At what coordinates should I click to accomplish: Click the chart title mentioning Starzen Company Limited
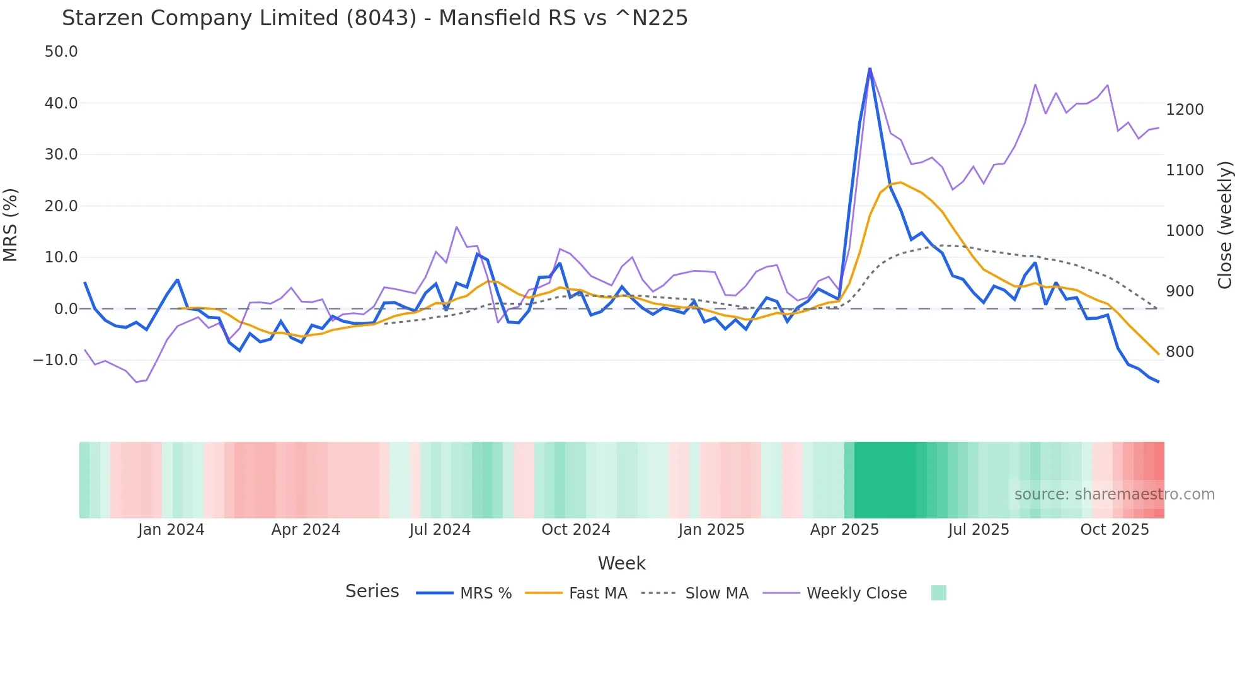(374, 18)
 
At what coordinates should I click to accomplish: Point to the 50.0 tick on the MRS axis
(61, 52)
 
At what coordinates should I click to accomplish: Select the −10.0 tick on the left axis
(55, 360)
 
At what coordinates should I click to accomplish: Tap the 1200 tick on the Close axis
(1185, 110)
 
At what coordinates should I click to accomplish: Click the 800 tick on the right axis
(1180, 352)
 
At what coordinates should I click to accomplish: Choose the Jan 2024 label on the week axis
(171, 530)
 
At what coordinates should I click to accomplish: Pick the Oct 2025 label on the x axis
(1114, 530)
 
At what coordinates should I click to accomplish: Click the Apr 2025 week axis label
(844, 530)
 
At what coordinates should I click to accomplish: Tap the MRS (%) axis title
(11, 225)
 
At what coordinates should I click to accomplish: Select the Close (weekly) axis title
(1224, 225)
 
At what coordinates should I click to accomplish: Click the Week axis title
(621, 563)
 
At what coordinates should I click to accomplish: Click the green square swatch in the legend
(938, 593)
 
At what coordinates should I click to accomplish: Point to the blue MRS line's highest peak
(870, 68)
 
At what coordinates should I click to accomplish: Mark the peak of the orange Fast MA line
(900, 182)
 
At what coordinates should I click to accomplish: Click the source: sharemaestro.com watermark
(1114, 494)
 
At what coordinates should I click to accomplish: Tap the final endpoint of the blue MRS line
(1158, 382)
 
